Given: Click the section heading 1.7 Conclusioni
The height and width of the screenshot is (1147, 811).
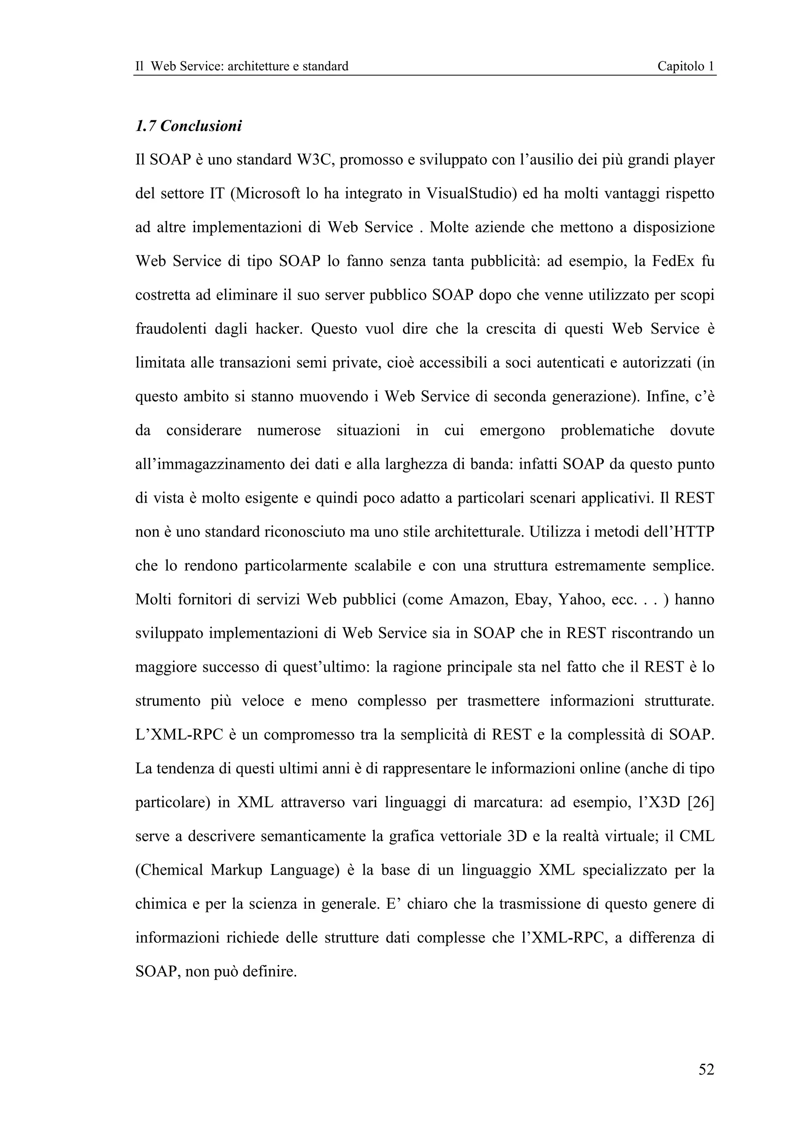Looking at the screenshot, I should pyautogui.click(x=188, y=126).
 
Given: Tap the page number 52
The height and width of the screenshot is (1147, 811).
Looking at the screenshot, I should pyautogui.click(x=706, y=1069).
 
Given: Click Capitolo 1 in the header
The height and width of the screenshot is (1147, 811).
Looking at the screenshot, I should pyautogui.click(x=685, y=66).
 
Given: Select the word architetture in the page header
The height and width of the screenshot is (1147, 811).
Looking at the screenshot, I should pyautogui.click(x=257, y=66).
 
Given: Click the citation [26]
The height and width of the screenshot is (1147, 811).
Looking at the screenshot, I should pyautogui.click(x=701, y=802).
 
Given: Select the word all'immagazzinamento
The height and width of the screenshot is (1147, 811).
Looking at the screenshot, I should pyautogui.click(x=210, y=464).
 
